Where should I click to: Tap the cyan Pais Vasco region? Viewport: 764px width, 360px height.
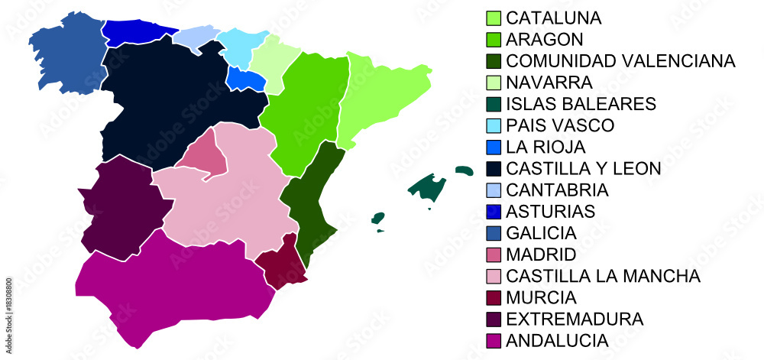(241, 47)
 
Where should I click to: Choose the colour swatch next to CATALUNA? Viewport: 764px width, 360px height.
(494, 18)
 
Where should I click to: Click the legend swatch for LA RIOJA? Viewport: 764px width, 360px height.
(494, 147)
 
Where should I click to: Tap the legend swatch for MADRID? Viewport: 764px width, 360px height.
(494, 255)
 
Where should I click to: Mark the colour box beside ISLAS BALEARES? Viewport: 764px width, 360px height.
(494, 104)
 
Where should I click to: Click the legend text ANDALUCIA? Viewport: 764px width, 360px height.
(557, 340)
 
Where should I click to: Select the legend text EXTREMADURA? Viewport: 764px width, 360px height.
(575, 319)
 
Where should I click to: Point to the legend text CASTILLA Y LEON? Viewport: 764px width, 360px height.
(584, 168)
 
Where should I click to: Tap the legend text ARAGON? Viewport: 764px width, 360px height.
(545, 40)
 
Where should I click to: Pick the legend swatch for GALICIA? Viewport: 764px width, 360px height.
(494, 233)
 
